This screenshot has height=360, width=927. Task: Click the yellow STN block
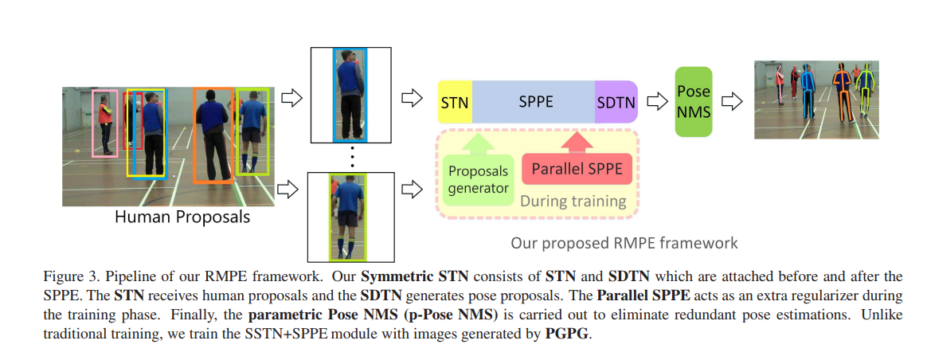(x=454, y=102)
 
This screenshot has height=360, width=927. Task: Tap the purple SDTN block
(x=616, y=102)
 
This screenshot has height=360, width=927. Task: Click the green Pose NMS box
(x=693, y=101)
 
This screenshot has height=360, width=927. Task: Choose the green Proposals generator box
(x=478, y=179)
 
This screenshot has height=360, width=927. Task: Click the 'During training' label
(x=573, y=201)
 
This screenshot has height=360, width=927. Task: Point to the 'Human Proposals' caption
(x=182, y=216)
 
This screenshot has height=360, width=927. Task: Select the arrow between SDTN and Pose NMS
(x=656, y=102)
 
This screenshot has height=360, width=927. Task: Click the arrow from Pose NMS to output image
(x=732, y=102)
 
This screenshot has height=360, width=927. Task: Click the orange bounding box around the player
(x=213, y=135)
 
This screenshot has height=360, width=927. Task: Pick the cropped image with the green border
(x=350, y=216)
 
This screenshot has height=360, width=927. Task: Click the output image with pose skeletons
(x=816, y=100)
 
